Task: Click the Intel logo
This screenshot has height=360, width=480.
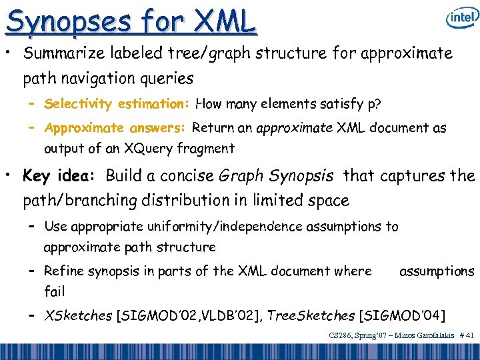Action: (461, 19)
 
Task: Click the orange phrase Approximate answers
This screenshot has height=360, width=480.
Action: (116, 128)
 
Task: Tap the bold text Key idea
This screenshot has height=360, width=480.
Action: (60, 177)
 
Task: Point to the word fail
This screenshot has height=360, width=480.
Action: (54, 291)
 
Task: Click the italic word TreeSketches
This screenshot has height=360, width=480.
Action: (311, 315)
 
